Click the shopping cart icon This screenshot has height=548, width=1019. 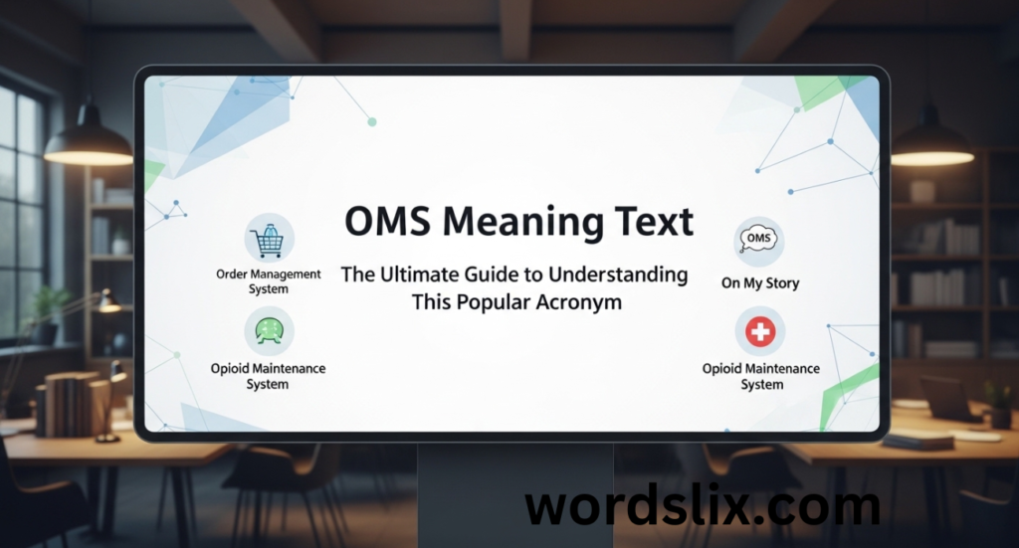[x=269, y=239]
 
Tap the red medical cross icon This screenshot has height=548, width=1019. [x=760, y=332]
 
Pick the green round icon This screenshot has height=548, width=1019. [x=269, y=332]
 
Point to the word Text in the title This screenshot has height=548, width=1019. [x=653, y=221]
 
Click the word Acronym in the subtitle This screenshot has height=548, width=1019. [x=576, y=302]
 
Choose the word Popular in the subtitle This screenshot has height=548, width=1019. [x=489, y=302]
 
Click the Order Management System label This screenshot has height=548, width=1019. [x=269, y=281]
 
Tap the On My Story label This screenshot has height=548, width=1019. [x=760, y=283]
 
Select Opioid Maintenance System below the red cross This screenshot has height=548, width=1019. [x=761, y=376]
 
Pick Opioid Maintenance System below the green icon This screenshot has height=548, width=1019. [x=268, y=376]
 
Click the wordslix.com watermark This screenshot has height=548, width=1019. [x=703, y=507]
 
